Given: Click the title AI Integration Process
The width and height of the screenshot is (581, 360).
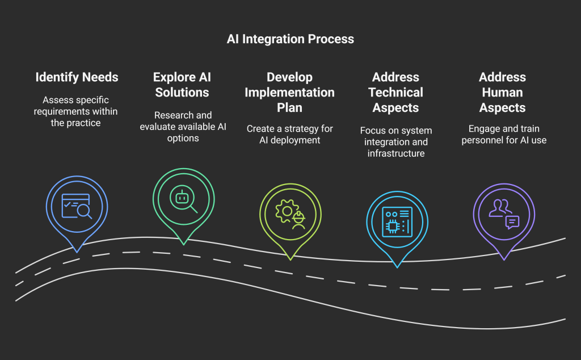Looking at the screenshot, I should pos(290,39).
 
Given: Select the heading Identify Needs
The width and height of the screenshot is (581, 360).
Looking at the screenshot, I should pos(77,77).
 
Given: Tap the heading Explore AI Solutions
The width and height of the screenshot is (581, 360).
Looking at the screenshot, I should pos(182,85).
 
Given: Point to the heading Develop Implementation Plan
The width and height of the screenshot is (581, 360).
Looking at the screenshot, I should pos(289,92).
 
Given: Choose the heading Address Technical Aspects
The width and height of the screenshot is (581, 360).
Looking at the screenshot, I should pos(395,92).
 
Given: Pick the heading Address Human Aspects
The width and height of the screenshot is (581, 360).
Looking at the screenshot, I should pos(502,92).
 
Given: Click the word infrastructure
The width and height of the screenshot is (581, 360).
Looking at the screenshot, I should pos(396,153).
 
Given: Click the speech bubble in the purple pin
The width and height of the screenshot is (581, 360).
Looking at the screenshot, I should pos(512,221).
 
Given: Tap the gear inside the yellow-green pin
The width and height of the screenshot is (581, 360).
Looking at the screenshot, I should pos(285,211).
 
